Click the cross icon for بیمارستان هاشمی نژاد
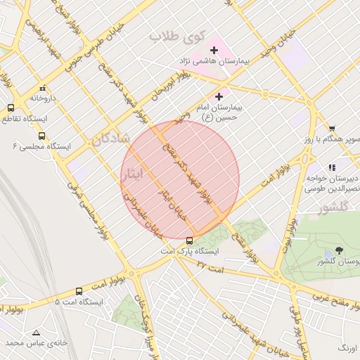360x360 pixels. coord(214,50)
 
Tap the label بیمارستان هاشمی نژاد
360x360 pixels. coord(215,63)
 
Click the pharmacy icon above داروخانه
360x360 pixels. coord(43,88)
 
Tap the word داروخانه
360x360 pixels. coord(43,98)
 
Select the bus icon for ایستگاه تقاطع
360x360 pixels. coord(11,108)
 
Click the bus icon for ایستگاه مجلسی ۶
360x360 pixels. coord(41,136)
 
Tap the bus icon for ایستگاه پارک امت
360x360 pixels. coord(189,240)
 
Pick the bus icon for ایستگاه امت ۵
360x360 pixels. coord(78,291)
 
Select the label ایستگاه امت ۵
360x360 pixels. coord(79,302)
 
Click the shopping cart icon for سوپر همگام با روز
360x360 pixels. coord(331,129)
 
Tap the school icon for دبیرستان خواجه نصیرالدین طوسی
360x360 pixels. coord(332,167)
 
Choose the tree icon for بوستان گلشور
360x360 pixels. coord(340,250)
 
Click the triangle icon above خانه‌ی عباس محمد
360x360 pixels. coord(36,332)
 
